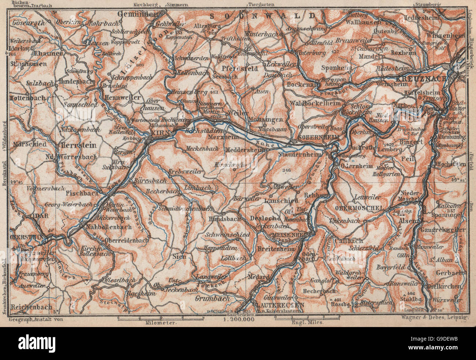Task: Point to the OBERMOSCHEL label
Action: [x=359, y=208]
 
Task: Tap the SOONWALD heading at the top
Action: [x=263, y=16]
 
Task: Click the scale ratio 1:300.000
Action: [x=238, y=319]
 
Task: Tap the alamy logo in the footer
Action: [x=37, y=344]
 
